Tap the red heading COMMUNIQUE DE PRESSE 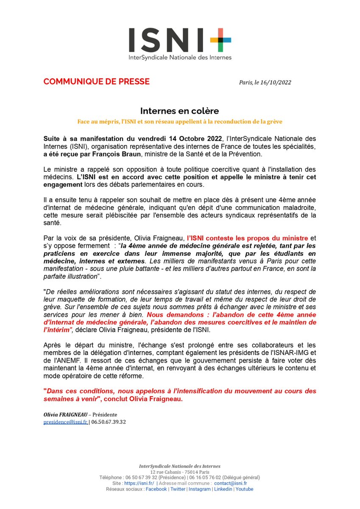click(97, 81)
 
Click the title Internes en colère click(180, 111)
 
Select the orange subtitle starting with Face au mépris click(180, 121)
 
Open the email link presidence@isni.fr click(65, 422)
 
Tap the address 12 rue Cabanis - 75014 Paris click(180, 472)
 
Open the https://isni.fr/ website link click(139, 484)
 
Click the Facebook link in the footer click(156, 489)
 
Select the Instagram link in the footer click(199, 489)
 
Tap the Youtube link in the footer click(245, 489)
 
